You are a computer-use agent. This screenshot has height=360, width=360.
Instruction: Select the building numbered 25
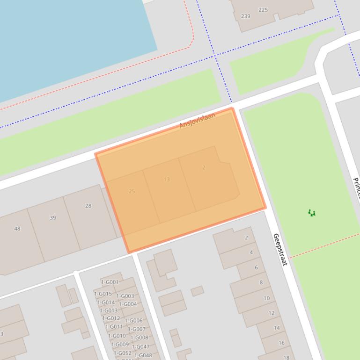point(132,191)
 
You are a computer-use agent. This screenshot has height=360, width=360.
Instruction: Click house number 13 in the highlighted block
point(167,179)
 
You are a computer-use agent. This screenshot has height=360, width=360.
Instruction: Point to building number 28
point(88,206)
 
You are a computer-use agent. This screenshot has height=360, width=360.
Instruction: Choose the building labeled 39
point(53,217)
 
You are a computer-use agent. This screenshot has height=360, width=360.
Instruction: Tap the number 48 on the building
point(17,229)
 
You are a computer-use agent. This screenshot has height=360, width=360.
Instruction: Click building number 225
point(263,10)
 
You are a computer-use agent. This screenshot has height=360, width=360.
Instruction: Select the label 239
point(245,16)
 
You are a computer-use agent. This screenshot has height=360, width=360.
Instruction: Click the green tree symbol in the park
point(312,213)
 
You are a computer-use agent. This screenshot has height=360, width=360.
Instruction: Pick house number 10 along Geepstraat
point(266,298)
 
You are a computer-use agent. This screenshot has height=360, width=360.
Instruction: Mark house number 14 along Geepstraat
point(277,328)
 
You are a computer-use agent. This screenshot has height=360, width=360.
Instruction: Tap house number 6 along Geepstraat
point(256,267)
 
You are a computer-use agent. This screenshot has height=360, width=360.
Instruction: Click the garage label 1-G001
point(110,282)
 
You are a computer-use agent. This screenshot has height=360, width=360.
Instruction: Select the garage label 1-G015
point(103,294)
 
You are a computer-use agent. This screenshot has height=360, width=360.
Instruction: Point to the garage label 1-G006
point(134,321)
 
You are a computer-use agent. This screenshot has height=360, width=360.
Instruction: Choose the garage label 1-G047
point(140,346)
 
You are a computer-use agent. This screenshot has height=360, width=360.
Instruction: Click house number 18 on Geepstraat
point(287,358)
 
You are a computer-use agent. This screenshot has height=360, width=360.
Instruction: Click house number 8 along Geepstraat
point(261,282)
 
